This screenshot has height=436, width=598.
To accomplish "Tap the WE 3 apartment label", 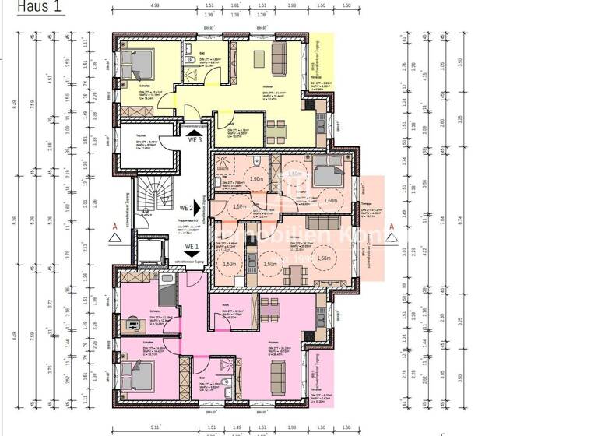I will pyautogui.click(x=194, y=140).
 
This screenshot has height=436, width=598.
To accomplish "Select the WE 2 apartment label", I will pyautogui.click(x=186, y=208).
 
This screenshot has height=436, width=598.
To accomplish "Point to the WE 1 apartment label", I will pyautogui.click(x=192, y=248).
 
